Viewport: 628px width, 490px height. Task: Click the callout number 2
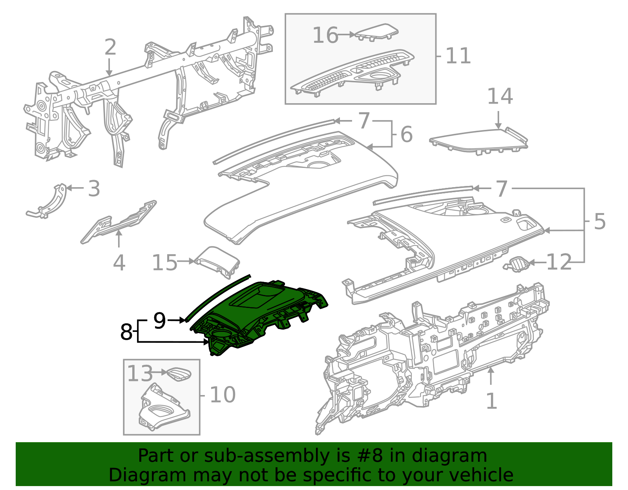point(110,47)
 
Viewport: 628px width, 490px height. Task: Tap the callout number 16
point(325,35)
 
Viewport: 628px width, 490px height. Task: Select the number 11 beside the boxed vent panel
point(458,56)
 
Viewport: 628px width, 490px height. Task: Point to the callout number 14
point(500,97)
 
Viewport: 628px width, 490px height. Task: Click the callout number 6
point(406,135)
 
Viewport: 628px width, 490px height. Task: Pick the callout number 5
point(600,222)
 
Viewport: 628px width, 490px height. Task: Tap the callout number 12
point(559,262)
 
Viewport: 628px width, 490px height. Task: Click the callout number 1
point(491,401)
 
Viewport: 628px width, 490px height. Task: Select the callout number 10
point(223,395)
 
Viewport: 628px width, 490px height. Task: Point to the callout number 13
point(140,373)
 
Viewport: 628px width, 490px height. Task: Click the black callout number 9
point(159,321)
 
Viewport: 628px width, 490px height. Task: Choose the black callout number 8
point(126,332)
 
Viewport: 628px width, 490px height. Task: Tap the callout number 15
point(164,262)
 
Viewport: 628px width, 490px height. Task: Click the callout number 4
point(119,263)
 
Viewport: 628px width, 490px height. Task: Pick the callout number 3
point(94,189)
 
